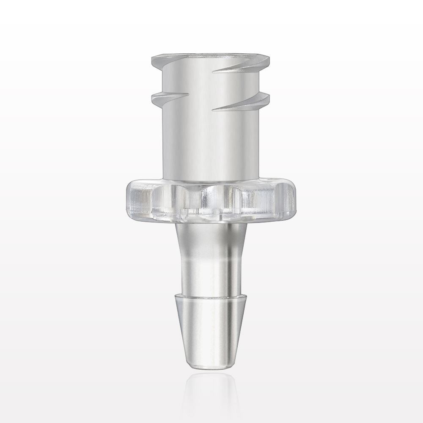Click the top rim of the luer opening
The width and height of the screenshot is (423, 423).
(211, 56)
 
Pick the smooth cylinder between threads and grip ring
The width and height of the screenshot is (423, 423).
(211, 144)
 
